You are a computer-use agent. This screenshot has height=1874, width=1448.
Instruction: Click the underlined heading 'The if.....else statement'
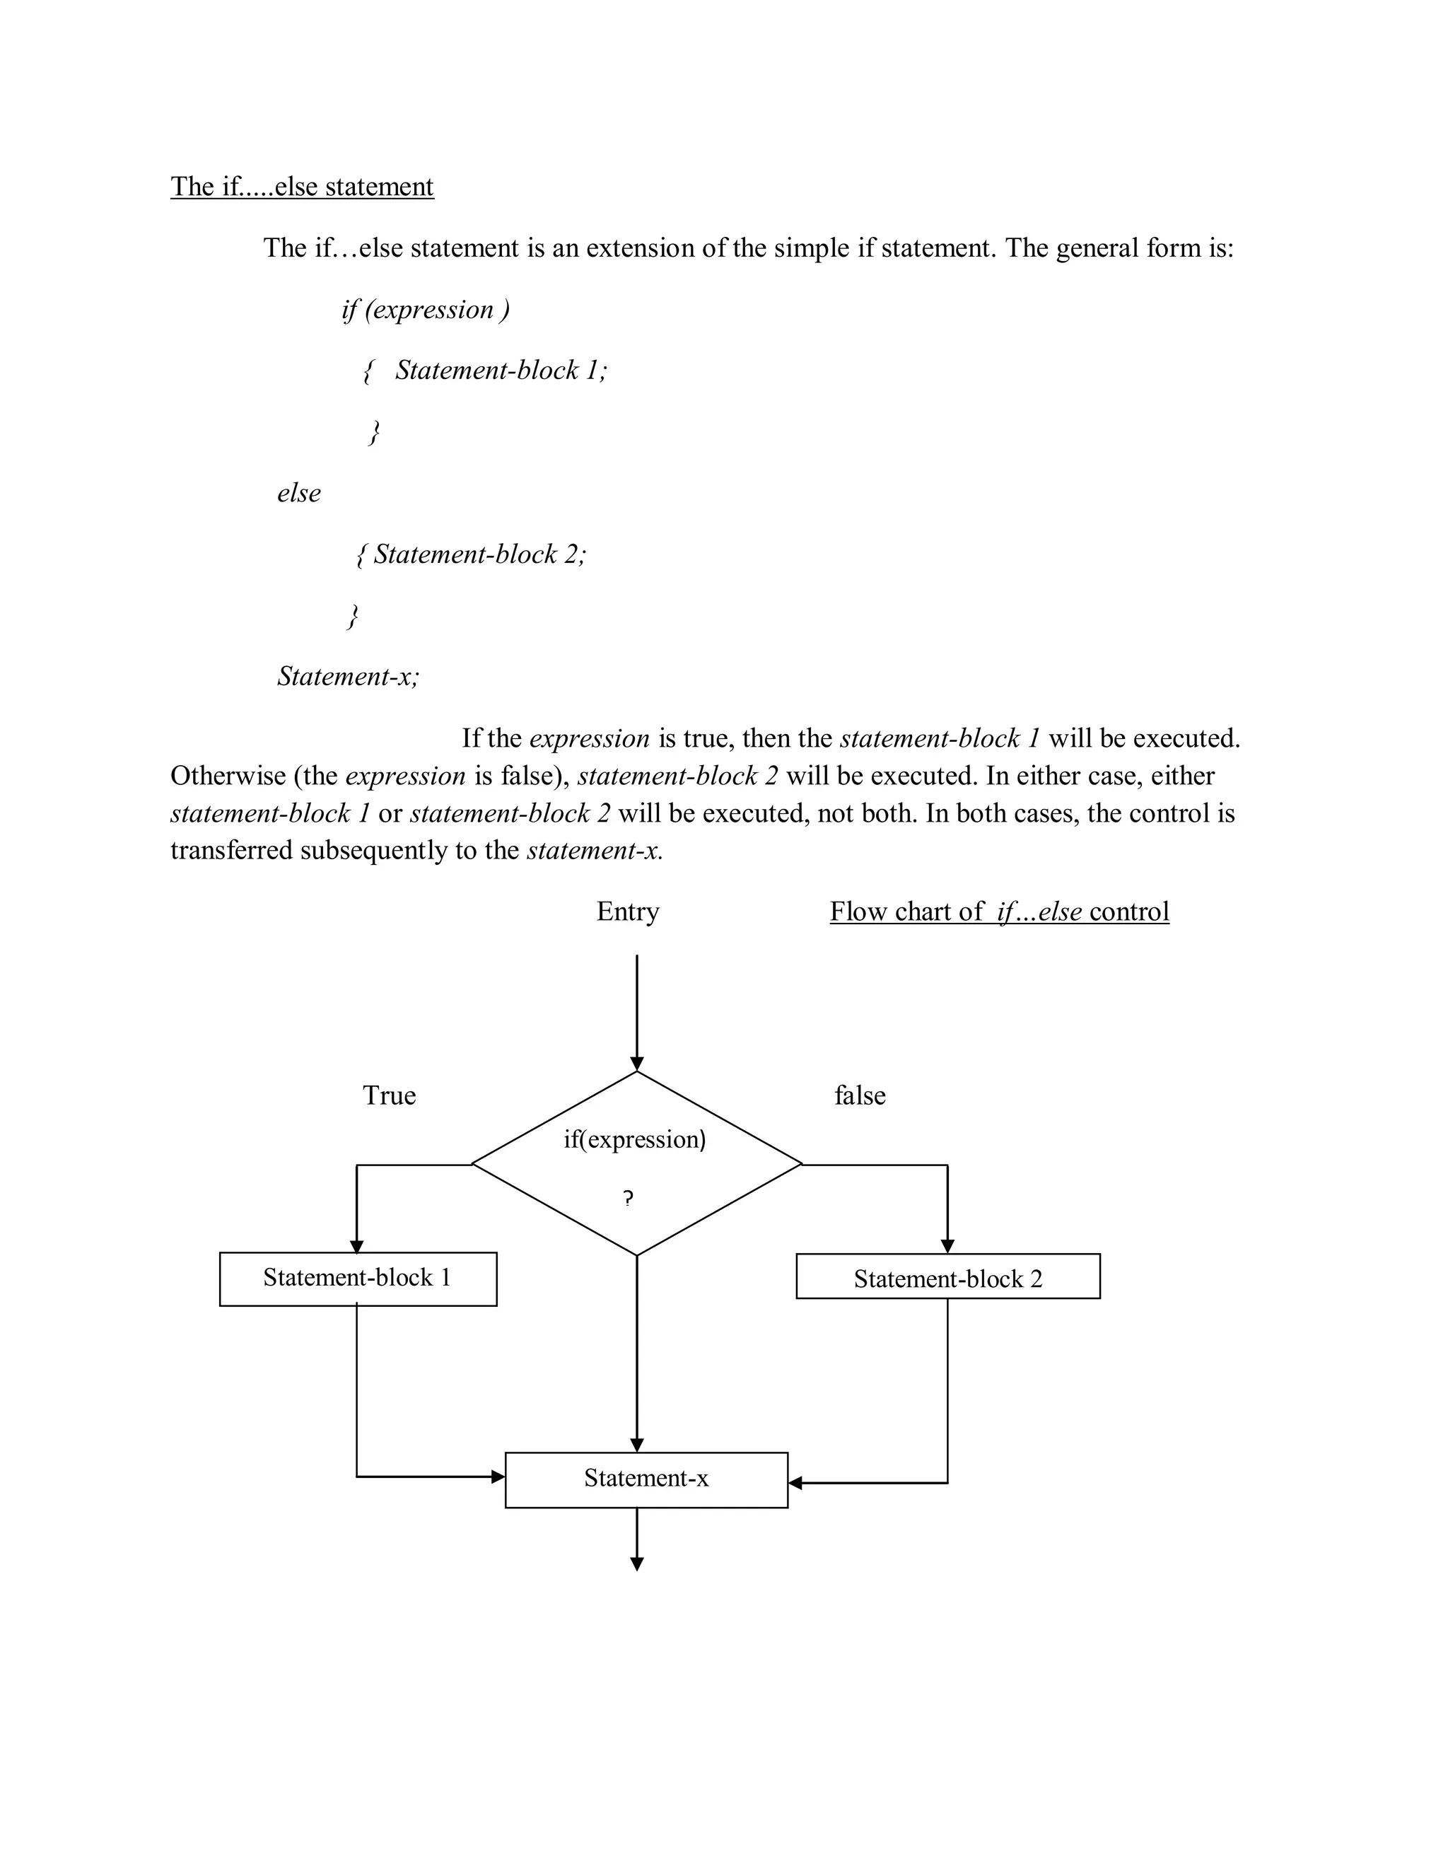[x=302, y=186]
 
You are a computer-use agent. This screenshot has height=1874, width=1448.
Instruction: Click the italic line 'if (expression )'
[x=426, y=309]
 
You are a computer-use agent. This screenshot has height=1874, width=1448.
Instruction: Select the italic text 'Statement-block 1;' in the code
[x=501, y=370]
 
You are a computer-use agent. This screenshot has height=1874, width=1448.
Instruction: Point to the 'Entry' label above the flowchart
[x=628, y=912]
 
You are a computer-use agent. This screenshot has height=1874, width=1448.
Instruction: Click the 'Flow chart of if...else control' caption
[x=999, y=912]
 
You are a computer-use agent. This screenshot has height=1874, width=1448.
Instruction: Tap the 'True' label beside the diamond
[x=389, y=1095]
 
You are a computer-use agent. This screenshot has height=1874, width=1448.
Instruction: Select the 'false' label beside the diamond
[x=860, y=1095]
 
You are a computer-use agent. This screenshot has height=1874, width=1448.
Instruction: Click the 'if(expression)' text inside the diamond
[x=635, y=1139]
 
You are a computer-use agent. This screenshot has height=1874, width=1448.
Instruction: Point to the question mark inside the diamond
[x=629, y=1199]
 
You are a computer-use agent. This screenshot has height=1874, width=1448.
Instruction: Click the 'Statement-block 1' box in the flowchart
[x=358, y=1279]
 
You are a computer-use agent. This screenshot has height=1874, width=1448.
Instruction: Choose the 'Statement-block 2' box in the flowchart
[x=948, y=1279]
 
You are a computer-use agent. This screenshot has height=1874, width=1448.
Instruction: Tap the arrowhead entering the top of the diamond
[x=636, y=1064]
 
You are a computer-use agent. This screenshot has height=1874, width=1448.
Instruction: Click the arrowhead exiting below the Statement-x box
[x=636, y=1564]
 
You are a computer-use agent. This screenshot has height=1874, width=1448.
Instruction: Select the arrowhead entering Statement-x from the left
[x=498, y=1477]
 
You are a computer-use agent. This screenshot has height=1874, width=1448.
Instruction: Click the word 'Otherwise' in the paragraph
[x=228, y=776]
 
